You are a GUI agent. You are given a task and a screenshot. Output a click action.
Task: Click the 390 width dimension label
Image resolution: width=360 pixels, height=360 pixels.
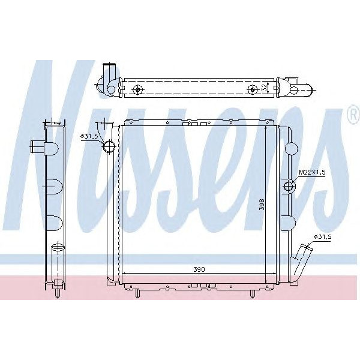pos(199,270)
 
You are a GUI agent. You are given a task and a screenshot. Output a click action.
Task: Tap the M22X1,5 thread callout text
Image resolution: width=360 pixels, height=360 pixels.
pos(312,173)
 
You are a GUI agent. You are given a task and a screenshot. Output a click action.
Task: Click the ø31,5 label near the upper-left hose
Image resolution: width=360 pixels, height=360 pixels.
pos(90,137)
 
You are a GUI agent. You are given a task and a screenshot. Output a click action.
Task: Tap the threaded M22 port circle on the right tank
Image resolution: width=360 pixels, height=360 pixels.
pos(289,187)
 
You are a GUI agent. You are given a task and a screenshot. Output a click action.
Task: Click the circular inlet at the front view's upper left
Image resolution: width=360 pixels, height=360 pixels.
pos(109,146)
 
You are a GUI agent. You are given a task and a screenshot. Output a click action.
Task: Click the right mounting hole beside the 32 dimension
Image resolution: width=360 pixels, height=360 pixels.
pos(253,89)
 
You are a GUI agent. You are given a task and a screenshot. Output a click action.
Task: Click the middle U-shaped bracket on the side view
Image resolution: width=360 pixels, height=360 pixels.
pos(53,187)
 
